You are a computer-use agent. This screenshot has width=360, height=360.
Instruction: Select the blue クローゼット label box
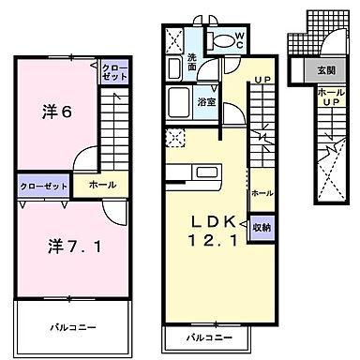point(39,187)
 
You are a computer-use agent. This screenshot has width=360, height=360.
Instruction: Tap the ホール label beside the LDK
point(262,192)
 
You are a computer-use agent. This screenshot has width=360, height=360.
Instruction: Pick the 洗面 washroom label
point(192,63)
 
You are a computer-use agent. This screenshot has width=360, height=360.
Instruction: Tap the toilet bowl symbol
point(221,41)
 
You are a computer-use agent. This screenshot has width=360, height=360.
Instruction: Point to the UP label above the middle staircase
point(263,81)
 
